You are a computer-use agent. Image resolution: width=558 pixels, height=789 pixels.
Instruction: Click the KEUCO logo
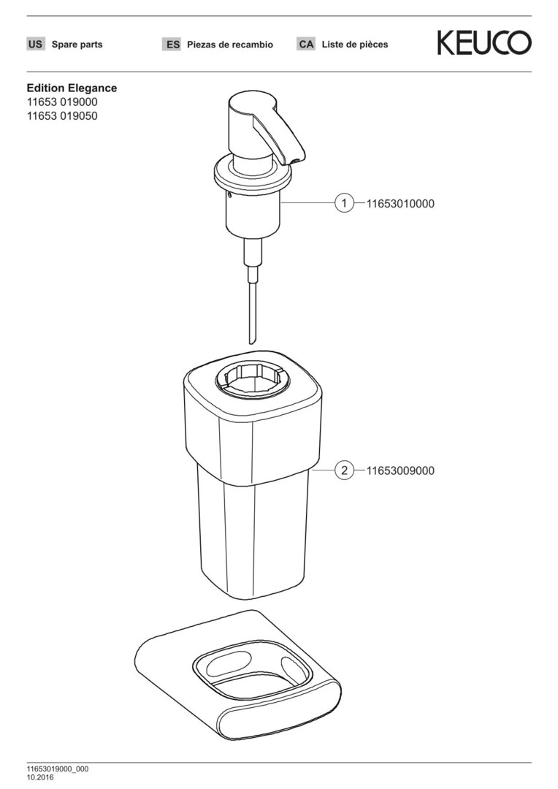484,43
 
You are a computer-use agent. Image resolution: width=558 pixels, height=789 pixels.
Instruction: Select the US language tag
35,45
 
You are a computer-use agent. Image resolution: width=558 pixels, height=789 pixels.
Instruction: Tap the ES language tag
172,45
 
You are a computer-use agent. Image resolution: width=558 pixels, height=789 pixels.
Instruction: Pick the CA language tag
306,45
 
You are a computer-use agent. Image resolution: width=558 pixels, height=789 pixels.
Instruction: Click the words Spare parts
77,45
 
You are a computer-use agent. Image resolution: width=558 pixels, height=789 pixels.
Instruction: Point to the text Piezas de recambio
230,45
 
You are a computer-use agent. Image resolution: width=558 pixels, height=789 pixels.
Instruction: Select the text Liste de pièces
355,45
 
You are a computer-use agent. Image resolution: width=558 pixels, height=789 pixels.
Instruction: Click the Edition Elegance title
72,88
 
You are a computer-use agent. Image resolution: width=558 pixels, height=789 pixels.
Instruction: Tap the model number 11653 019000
62,102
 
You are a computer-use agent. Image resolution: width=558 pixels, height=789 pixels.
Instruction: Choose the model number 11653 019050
62,115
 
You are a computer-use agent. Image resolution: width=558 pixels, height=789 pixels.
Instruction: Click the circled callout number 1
344,203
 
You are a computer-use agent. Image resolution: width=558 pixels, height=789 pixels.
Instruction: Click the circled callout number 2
344,470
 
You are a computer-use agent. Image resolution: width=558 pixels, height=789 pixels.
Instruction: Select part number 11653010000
400,204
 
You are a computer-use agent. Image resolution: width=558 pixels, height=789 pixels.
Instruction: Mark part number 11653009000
400,471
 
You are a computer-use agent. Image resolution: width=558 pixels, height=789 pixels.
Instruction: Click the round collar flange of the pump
253,175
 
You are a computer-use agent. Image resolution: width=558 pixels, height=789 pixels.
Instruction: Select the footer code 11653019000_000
58,769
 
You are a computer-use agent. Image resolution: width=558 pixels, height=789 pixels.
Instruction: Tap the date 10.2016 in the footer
39,777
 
